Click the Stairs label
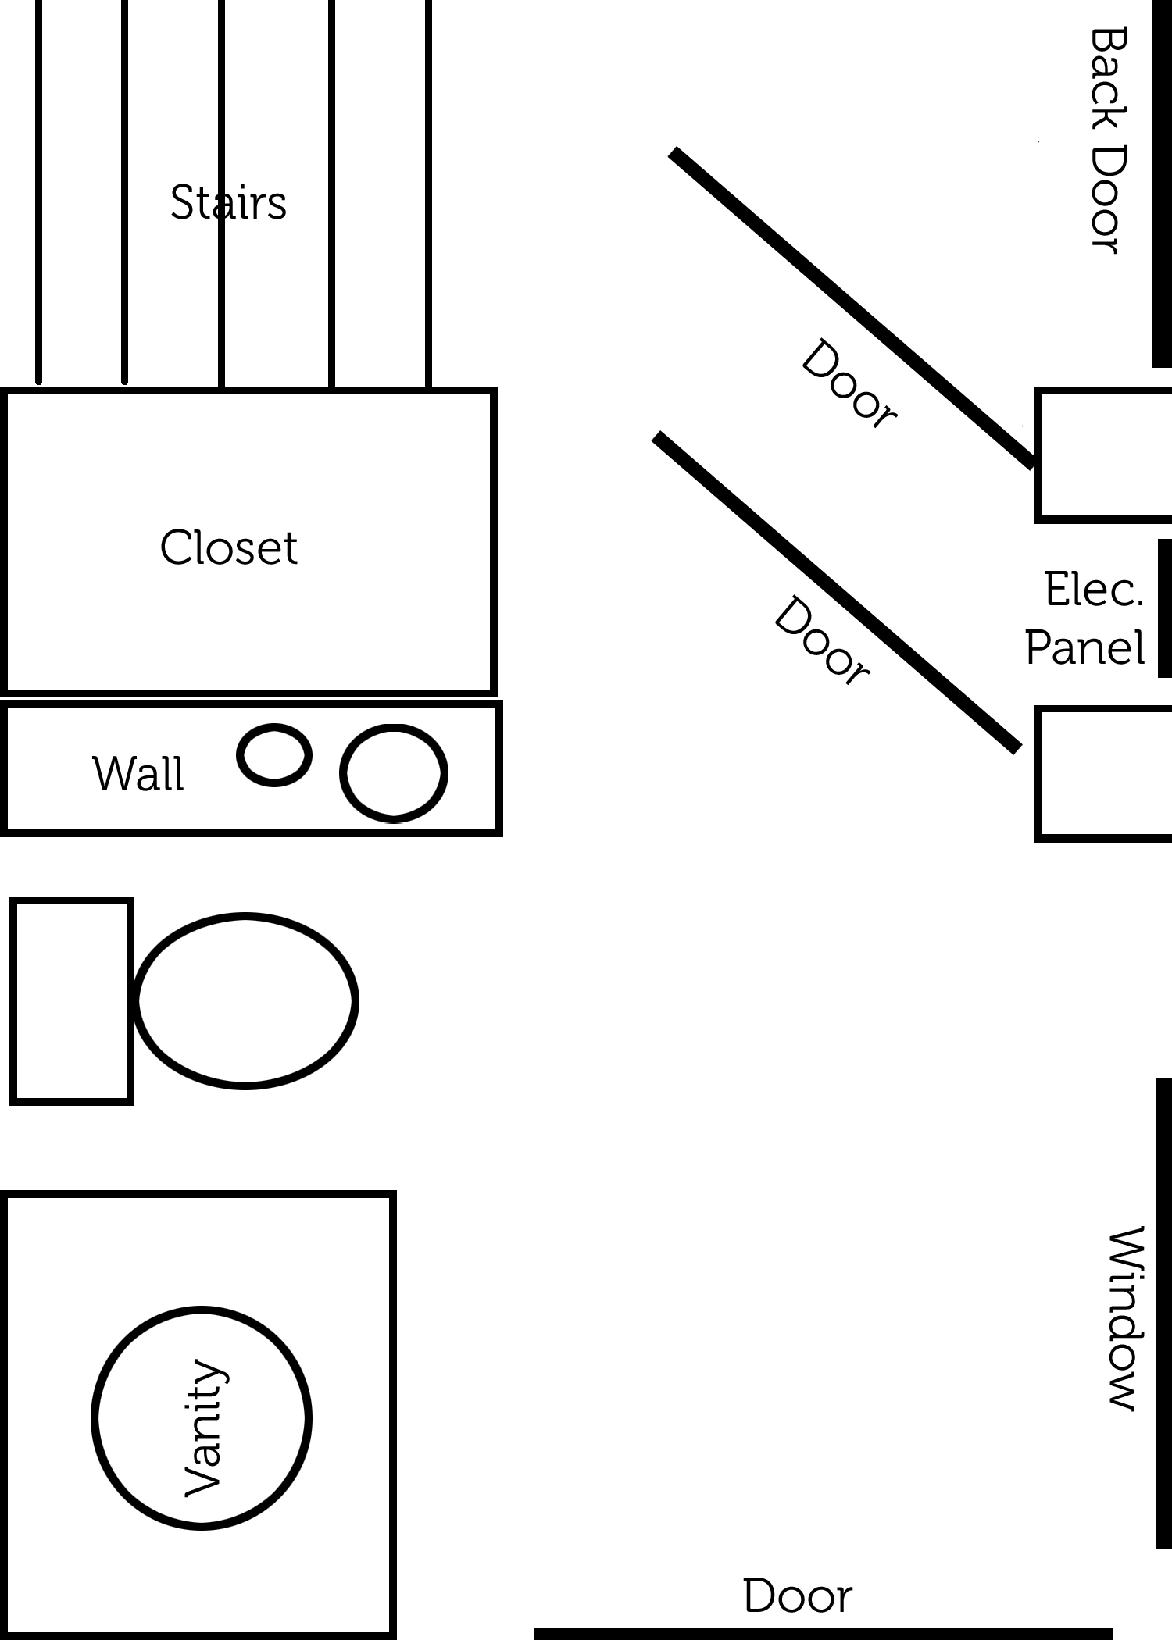click(x=228, y=202)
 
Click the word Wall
click(x=138, y=774)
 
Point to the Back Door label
click(x=1108, y=140)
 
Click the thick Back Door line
click(x=1163, y=184)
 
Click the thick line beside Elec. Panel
click(x=1164, y=608)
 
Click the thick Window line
click(x=1164, y=1313)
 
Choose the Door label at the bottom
click(x=798, y=1595)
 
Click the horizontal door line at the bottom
click(x=823, y=1633)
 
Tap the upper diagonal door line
click(x=854, y=308)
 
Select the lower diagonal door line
click(x=838, y=592)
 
